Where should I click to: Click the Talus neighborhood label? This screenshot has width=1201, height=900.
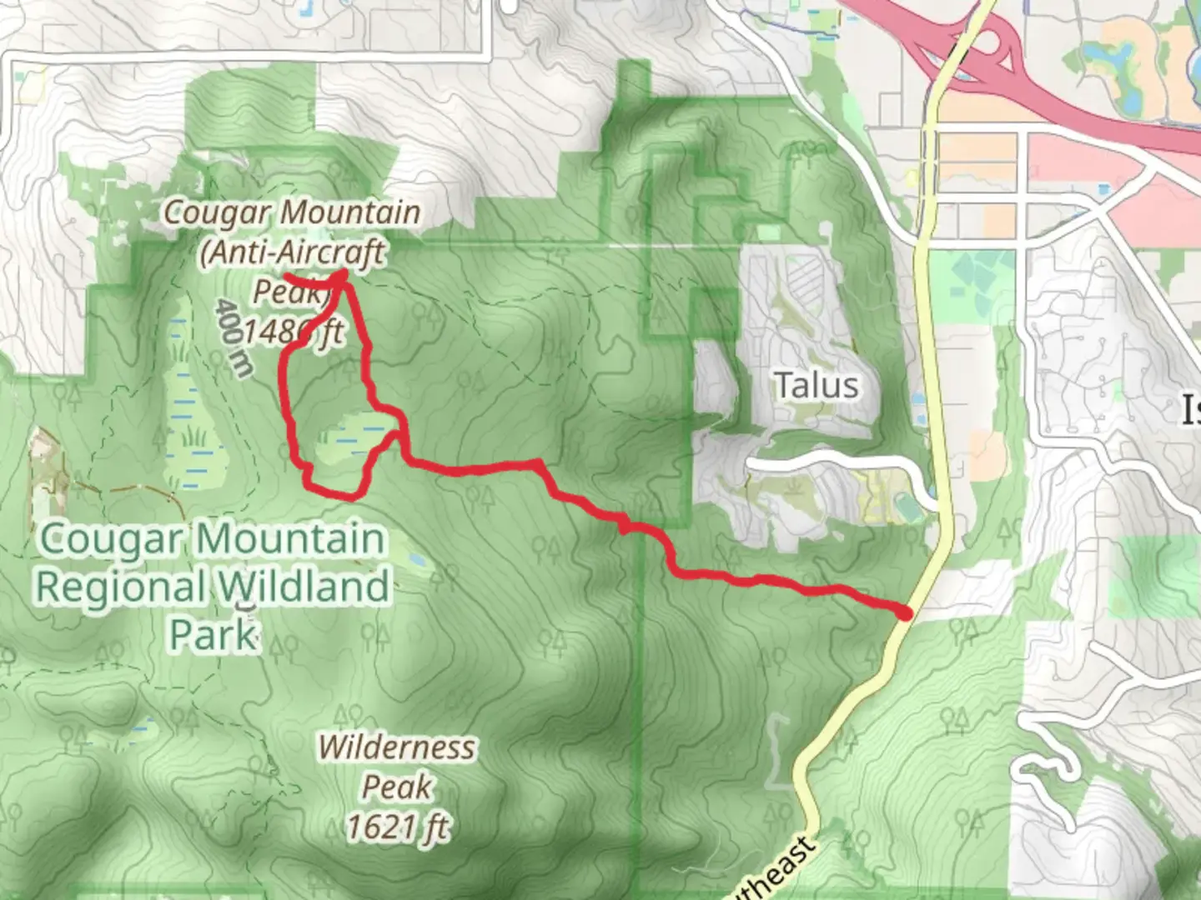[x=816, y=386]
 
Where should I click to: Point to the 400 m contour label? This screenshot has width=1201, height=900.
[x=233, y=337]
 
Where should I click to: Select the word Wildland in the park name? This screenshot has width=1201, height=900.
[x=304, y=587]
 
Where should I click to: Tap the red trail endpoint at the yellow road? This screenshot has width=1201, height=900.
[x=905, y=613]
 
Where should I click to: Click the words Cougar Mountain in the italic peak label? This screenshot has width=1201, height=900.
[x=292, y=212]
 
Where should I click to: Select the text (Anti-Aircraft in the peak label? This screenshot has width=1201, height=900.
[x=292, y=252]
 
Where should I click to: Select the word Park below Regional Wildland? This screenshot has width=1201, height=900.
[x=214, y=635]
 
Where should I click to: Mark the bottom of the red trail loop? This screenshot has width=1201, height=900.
[x=334, y=492]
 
